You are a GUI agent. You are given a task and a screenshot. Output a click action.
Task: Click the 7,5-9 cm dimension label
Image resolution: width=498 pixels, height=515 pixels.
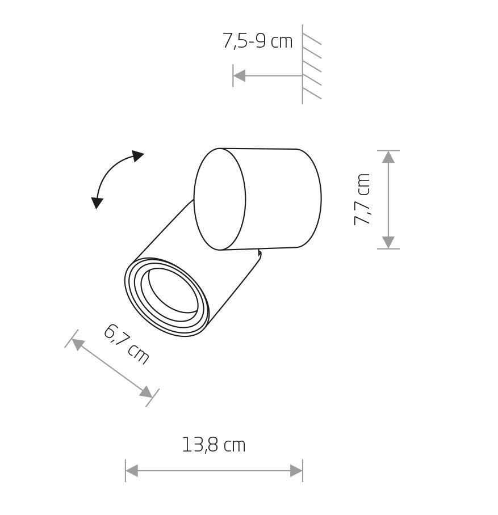[x=258, y=41]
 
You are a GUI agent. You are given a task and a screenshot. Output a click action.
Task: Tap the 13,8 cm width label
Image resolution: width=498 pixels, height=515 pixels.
[x=214, y=445]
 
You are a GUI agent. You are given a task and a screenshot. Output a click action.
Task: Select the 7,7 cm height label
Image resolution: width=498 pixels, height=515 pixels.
[x=362, y=200]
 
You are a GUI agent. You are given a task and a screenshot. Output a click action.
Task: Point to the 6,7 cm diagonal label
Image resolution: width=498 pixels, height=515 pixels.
[x=126, y=344]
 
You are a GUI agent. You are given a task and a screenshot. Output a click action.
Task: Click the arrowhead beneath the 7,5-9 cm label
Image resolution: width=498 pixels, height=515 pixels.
[x=240, y=75]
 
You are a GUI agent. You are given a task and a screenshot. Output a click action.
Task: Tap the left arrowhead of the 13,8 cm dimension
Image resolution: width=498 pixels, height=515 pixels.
[x=132, y=471]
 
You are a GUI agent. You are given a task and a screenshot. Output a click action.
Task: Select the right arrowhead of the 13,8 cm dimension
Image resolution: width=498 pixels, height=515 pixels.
[x=296, y=471]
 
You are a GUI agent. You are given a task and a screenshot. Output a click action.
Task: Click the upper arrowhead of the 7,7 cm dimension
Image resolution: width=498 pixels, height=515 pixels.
[x=388, y=157]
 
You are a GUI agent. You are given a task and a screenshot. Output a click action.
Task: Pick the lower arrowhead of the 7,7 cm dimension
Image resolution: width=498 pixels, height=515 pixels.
[x=388, y=242]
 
